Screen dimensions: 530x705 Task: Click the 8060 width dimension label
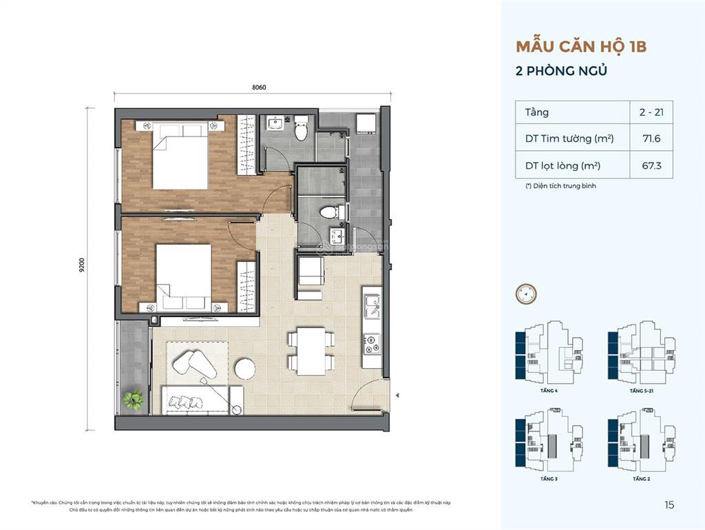coord(259,87)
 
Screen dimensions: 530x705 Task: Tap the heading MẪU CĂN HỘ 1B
coord(581,48)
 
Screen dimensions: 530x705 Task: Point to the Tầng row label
coord(537,112)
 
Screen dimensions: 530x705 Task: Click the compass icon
coord(525,294)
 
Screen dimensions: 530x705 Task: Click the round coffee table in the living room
coord(245,369)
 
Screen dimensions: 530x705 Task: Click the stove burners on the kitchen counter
coord(372,342)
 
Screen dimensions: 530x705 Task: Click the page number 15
coord(669,505)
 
